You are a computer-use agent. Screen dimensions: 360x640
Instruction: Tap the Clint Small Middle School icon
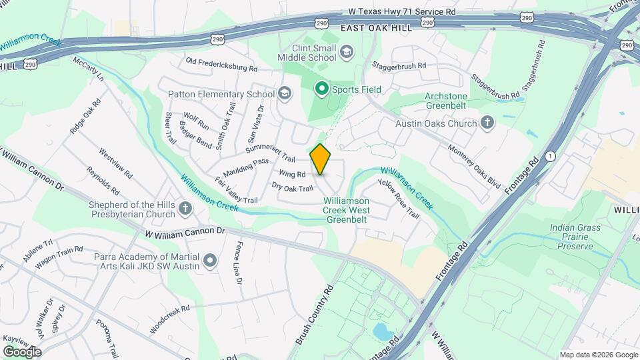coord(347,51)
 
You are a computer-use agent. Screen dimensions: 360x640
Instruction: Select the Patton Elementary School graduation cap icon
coord(285,93)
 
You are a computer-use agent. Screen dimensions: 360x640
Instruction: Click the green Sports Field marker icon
coord(321,88)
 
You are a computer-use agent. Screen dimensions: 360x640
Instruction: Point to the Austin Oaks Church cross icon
coord(487,123)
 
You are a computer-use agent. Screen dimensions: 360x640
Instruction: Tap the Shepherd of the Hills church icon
coord(185,209)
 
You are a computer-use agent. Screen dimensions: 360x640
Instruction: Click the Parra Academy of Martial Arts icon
coord(211,260)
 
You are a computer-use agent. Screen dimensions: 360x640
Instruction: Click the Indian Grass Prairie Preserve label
coord(575,237)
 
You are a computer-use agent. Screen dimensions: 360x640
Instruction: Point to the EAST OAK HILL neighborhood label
coord(373,29)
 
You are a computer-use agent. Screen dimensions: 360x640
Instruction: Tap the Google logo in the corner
coord(22,351)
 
